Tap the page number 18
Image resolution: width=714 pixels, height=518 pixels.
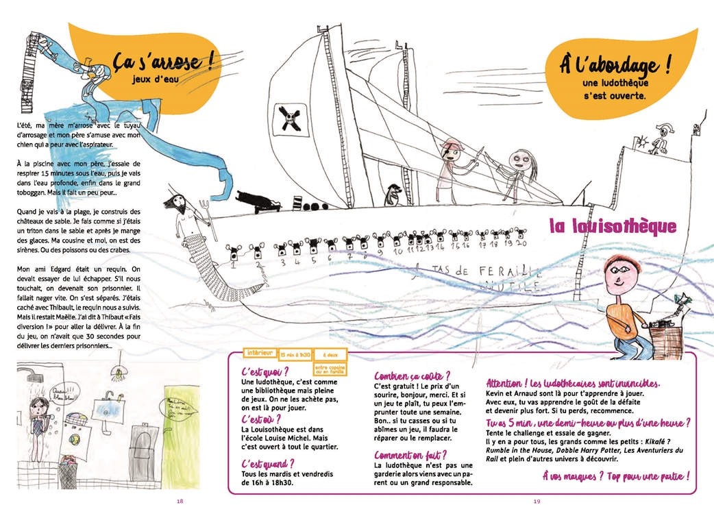tap(180, 502)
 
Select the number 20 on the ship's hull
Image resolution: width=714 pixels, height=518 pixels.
tap(521, 243)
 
